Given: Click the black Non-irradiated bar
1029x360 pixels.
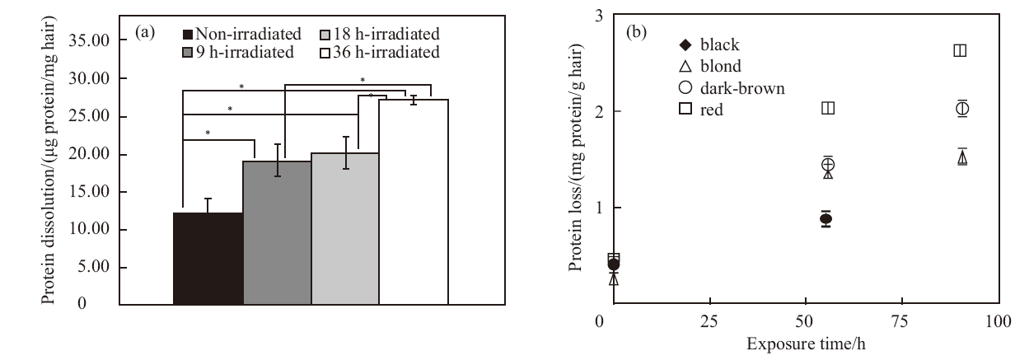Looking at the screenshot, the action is pyautogui.click(x=208, y=259).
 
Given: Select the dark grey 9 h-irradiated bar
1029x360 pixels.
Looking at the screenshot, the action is pyautogui.click(x=277, y=233).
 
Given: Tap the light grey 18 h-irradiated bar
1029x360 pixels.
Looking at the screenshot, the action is pyautogui.click(x=345, y=229).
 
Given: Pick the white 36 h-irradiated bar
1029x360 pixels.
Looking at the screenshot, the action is pyautogui.click(x=414, y=202).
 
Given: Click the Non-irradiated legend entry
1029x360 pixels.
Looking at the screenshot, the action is pyautogui.click(x=242, y=34).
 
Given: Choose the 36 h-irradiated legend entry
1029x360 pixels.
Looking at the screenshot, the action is pyautogui.click(x=380, y=53).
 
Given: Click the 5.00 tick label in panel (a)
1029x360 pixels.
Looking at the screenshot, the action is pyautogui.click(x=94, y=267).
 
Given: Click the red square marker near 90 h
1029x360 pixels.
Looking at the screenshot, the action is pyautogui.click(x=960, y=50).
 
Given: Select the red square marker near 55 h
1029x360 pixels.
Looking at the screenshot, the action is pyautogui.click(x=828, y=108).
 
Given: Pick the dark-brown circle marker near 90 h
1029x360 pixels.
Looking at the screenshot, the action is pyautogui.click(x=962, y=109).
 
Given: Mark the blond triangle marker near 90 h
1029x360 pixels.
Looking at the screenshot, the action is pyautogui.click(x=962, y=158).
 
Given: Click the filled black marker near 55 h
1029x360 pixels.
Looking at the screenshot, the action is pyautogui.click(x=826, y=218).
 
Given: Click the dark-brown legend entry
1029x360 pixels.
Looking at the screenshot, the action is pyautogui.click(x=732, y=88).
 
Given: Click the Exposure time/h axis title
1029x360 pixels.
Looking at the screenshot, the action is pyautogui.click(x=806, y=344).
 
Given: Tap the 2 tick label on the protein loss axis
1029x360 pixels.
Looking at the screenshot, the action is pyautogui.click(x=599, y=111).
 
